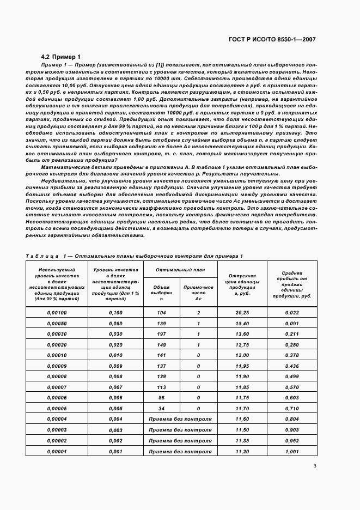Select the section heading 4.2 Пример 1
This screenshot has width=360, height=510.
click(x=60, y=56)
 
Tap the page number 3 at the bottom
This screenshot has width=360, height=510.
click(x=315, y=465)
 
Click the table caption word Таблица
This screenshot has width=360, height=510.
click(x=42, y=256)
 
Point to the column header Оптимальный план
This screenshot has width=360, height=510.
click(x=180, y=270)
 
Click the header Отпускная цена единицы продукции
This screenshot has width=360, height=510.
click(x=242, y=284)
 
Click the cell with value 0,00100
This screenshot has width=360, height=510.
click(x=57, y=313)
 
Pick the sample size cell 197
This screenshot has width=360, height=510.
click(x=161, y=333)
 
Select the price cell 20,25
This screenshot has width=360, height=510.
click(x=242, y=313)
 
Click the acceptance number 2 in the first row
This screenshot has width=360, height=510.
click(x=198, y=313)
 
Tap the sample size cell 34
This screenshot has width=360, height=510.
click(x=161, y=408)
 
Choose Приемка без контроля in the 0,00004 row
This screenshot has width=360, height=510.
click(x=180, y=419)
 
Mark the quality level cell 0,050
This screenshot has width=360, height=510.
click(x=115, y=323)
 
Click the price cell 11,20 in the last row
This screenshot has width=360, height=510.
click(x=242, y=451)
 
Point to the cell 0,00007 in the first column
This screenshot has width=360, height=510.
click(x=57, y=387)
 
